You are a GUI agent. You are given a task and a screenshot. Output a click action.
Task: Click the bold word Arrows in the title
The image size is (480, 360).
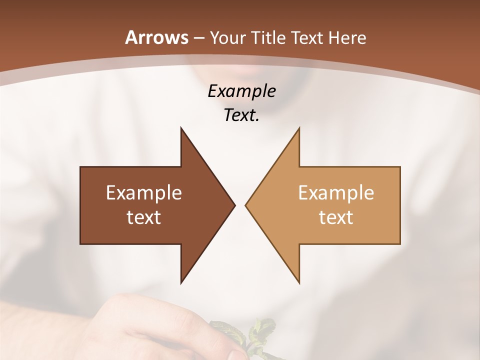(x=156, y=37)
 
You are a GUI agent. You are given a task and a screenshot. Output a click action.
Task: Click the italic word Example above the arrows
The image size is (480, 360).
(x=241, y=91)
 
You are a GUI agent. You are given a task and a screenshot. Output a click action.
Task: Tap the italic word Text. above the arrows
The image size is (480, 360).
(x=241, y=115)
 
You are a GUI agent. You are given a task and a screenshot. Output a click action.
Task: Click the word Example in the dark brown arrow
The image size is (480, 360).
(x=144, y=193)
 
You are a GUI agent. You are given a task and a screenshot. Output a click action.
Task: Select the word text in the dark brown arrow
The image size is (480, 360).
(x=144, y=217)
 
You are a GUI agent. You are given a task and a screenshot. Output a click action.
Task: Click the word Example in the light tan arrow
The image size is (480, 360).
(x=336, y=193)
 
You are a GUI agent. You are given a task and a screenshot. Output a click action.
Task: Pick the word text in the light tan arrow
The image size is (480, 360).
(x=336, y=217)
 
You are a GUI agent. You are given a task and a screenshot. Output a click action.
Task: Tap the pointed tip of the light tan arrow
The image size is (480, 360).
(x=246, y=205)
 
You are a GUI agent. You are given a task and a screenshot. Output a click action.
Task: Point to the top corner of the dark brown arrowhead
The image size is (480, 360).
(x=181, y=128)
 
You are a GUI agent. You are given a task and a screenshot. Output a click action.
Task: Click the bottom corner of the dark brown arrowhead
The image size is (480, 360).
(x=181, y=282)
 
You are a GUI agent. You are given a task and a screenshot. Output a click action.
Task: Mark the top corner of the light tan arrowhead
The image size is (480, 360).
(x=299, y=128)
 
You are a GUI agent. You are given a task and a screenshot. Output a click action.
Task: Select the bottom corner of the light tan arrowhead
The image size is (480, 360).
(x=299, y=282)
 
